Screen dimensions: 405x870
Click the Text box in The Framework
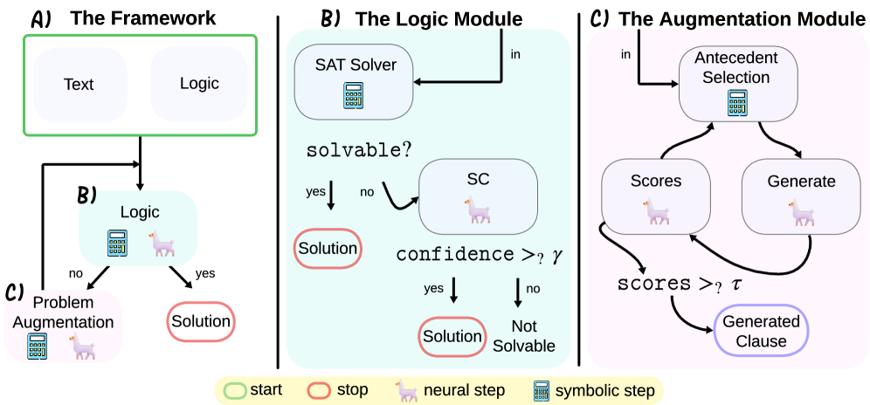79,84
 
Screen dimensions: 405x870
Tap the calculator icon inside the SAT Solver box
353,96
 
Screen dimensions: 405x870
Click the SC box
476,194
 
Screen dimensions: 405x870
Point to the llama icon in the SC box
477,210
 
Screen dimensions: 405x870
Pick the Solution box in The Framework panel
201,322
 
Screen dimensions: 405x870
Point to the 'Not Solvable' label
523,337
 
